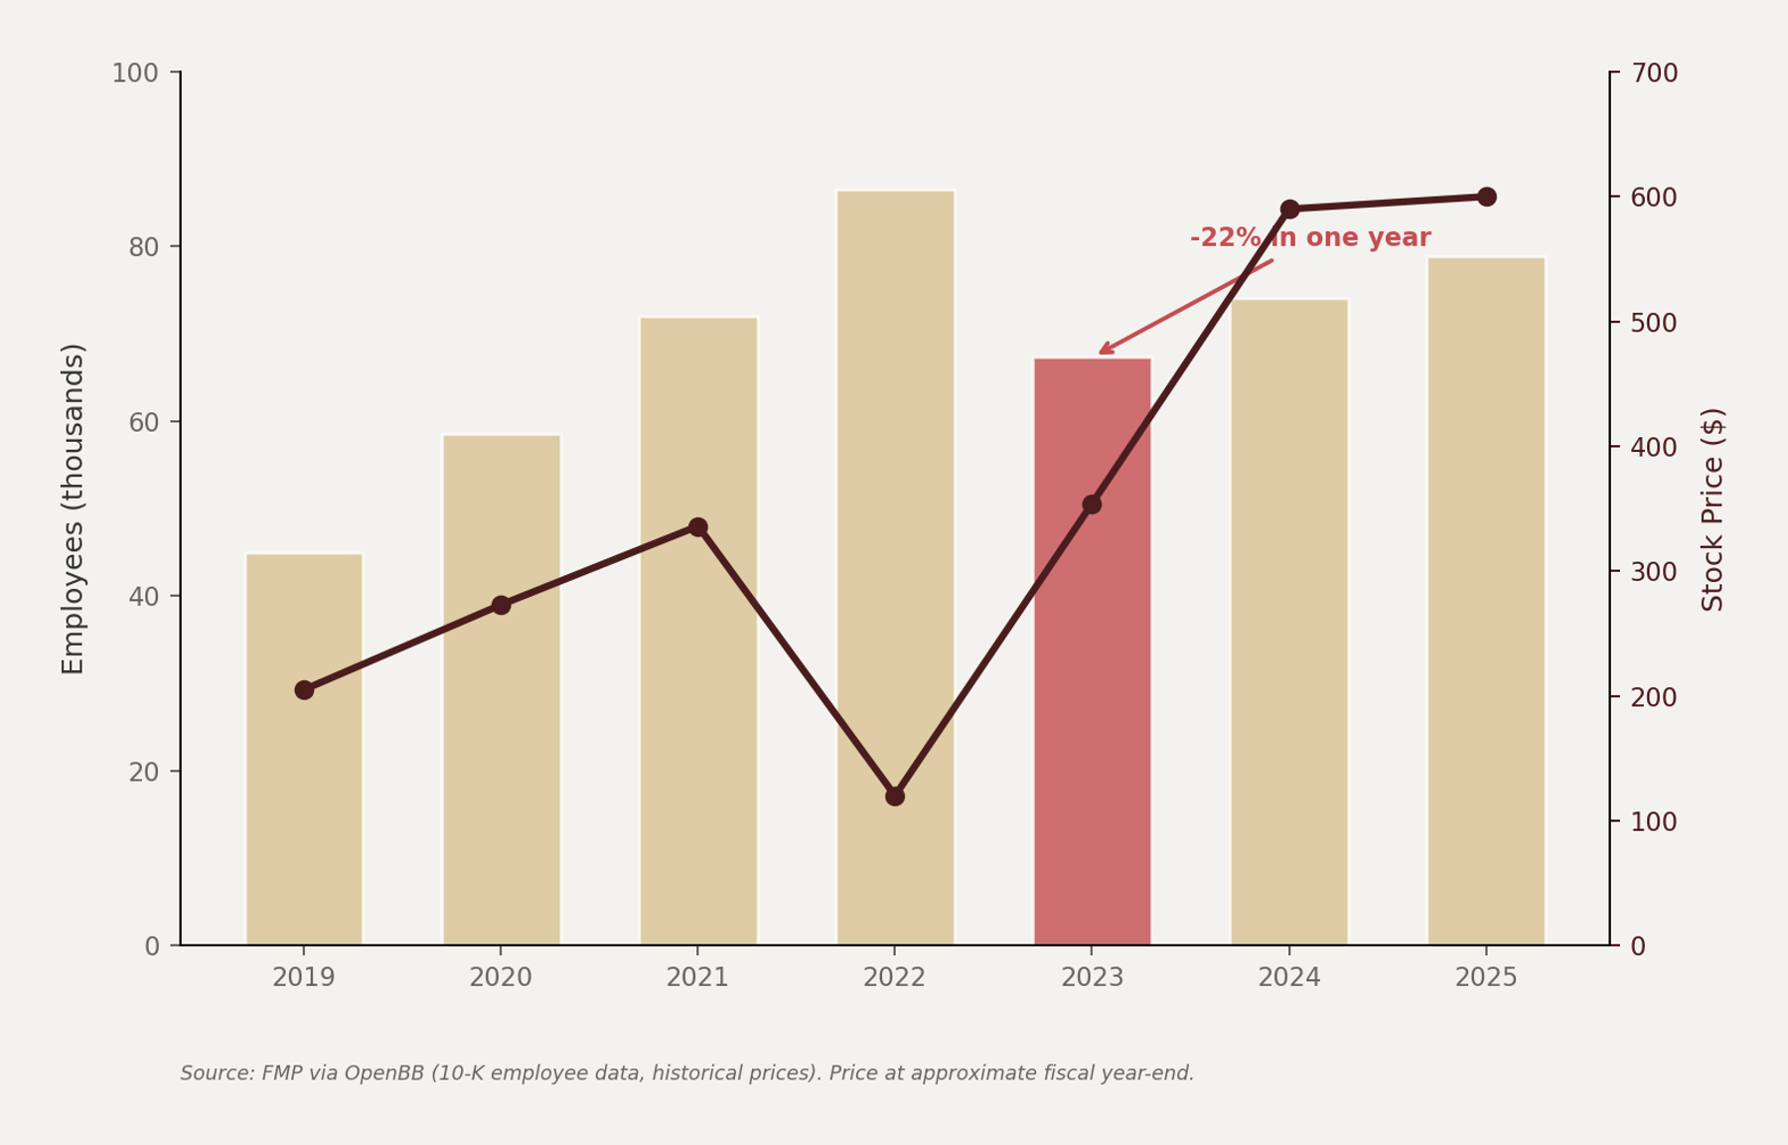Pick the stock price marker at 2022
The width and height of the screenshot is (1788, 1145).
pos(895,796)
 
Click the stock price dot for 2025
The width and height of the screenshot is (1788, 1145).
pos(1486,197)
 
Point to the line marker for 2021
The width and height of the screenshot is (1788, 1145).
pos(698,527)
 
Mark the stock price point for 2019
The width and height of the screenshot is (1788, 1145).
pos(304,690)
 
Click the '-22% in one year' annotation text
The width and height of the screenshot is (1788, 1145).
pos(1309,238)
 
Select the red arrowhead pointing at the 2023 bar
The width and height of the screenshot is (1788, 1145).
pos(1104,350)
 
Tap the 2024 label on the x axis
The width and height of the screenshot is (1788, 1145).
pos(1288,978)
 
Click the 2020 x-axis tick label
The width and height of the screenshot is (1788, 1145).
pos(501,978)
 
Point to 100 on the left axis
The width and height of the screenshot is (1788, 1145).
pos(135,73)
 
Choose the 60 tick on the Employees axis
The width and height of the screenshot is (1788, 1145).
pos(143,422)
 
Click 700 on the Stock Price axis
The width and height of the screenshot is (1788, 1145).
pos(1654,73)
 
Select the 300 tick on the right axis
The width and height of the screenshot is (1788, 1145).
pos(1654,572)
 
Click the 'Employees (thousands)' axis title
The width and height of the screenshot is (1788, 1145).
pos(74,508)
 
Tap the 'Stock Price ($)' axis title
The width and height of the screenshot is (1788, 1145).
pos(1713,508)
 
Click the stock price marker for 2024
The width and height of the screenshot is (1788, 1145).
pos(1289,210)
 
